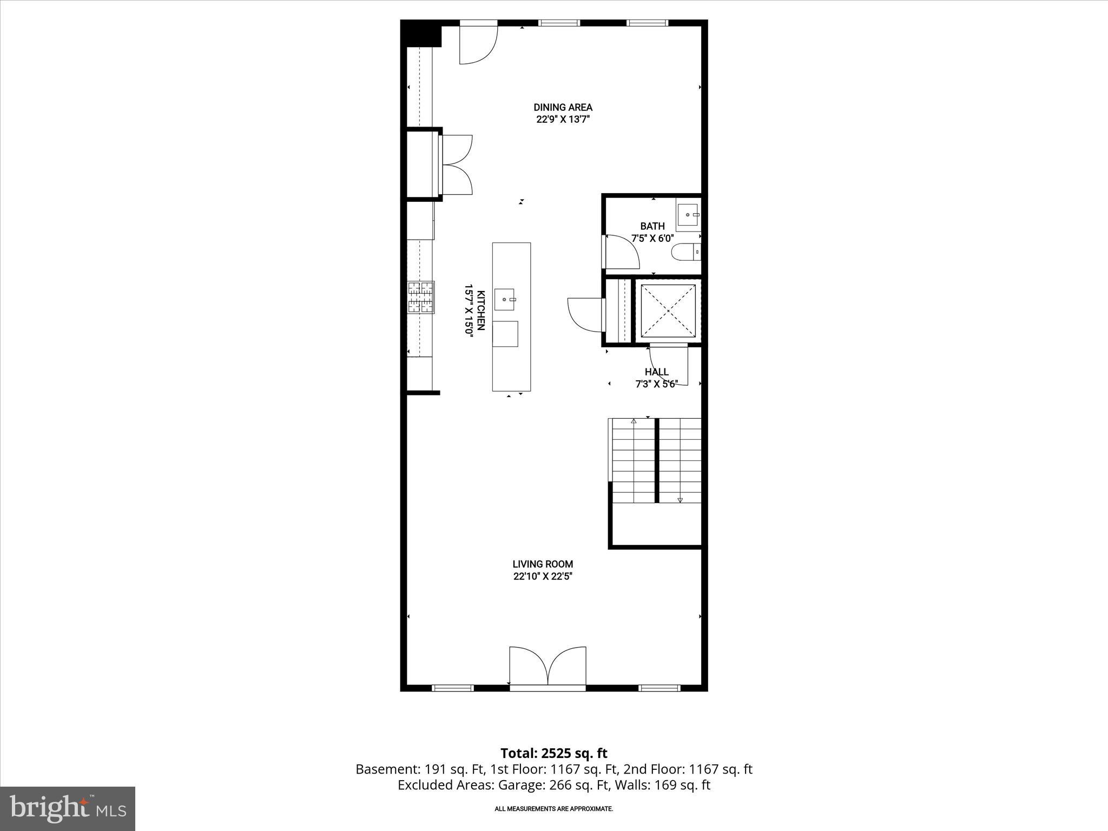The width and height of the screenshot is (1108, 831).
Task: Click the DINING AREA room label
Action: pos(563,107)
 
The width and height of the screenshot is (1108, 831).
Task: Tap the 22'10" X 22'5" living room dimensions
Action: pos(543,577)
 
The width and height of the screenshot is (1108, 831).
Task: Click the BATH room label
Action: pos(652,226)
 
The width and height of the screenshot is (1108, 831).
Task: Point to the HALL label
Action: pos(656,372)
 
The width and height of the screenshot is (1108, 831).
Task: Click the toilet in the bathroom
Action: pos(685,252)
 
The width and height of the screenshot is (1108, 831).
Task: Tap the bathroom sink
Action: pos(688,215)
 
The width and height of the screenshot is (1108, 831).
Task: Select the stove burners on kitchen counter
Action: pos(421,298)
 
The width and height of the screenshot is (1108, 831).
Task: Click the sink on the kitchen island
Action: pos(504,299)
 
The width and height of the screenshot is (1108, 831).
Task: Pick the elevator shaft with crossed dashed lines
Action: pos(668,311)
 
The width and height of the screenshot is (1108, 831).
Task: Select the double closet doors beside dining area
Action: pos(457,164)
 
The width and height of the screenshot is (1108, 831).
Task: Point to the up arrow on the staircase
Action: pos(634,420)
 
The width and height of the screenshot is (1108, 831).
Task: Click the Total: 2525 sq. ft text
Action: pos(553,753)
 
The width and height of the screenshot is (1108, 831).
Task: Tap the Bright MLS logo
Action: pos(68,808)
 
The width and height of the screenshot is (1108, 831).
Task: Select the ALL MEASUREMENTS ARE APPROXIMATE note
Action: pos(553,809)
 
